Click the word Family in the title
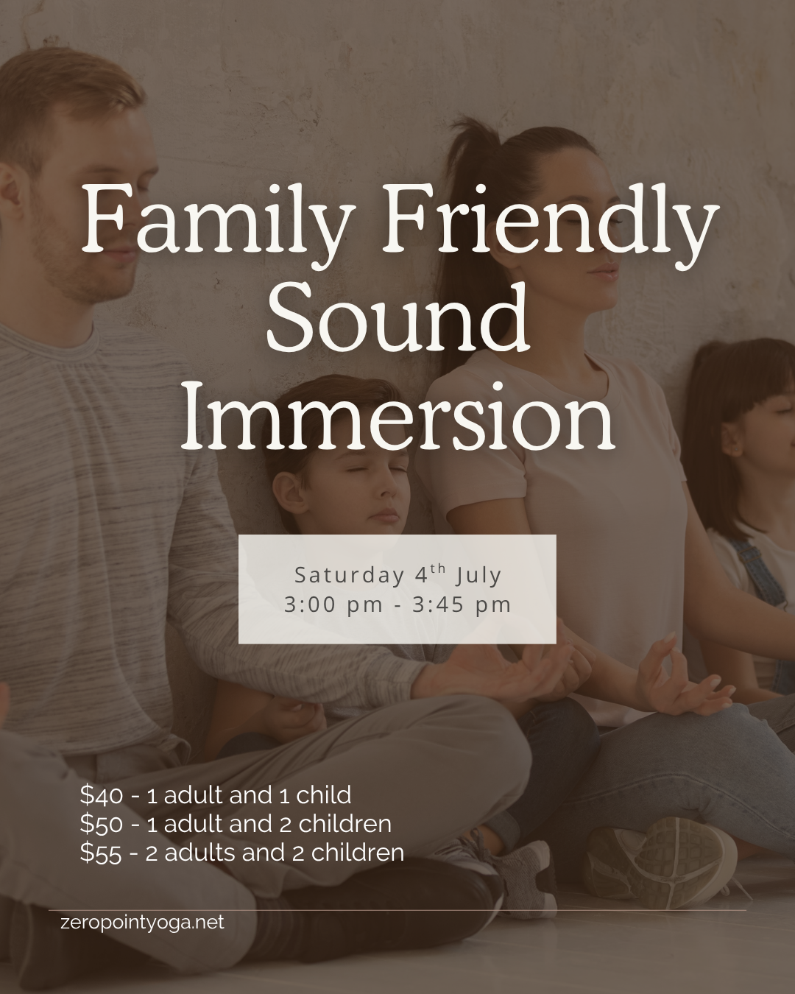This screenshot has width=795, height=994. (x=213, y=219)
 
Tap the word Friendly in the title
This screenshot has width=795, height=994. (x=548, y=219)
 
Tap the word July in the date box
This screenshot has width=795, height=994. (x=478, y=575)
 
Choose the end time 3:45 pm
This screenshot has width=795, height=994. (x=462, y=605)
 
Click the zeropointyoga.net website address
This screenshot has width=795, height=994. (x=142, y=922)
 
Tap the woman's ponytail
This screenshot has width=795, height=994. (x=478, y=184)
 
